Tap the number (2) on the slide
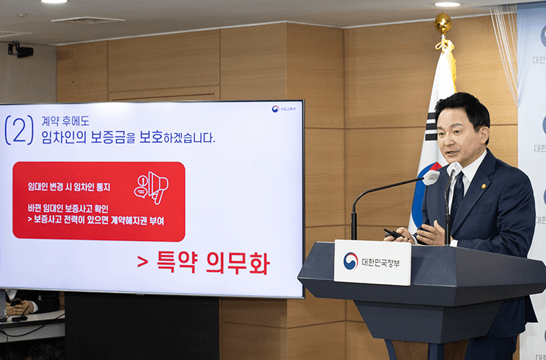pos(18,130)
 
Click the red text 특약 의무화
pos(203,263)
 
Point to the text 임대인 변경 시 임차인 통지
pos(68,186)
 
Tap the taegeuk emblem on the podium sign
pos(350,261)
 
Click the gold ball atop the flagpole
pos(443,23)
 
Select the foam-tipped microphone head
pos(431,178)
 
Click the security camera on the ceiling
pos(20,50)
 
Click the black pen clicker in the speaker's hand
pos(393,234)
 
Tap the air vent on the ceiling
pos(87,21)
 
